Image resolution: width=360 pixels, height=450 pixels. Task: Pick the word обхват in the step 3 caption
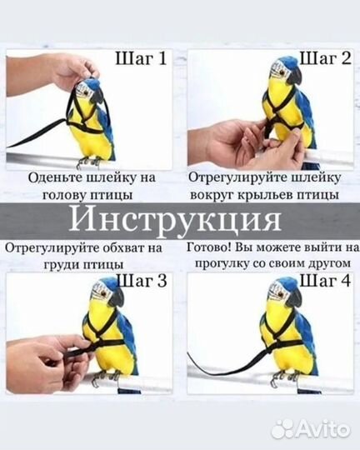tap(111, 248)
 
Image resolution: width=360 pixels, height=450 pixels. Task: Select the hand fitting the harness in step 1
tap(62, 72)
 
